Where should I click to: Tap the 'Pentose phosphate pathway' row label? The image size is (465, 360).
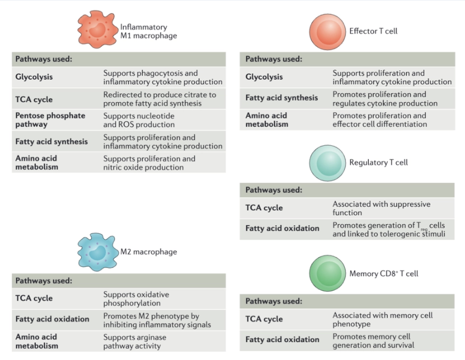tap(50, 120)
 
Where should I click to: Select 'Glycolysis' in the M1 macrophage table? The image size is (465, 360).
tap(34, 77)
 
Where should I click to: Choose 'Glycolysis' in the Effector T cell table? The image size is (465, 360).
tap(264, 77)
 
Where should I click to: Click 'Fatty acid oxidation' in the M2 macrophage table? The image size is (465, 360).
tap(52, 319)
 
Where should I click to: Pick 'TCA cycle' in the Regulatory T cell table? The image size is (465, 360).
tap(264, 208)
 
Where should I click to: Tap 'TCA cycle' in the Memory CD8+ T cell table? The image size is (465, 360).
tap(264, 319)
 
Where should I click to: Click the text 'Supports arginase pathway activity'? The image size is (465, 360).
tap(135, 341)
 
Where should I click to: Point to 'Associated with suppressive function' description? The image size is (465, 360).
tap(381, 208)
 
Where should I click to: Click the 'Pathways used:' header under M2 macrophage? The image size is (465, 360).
tap(43, 281)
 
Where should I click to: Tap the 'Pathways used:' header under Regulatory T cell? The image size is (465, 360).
tap(274, 190)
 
